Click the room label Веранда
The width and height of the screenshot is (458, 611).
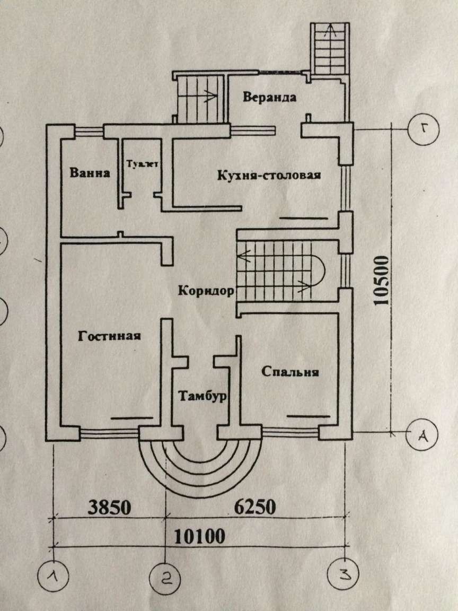pos(270,98)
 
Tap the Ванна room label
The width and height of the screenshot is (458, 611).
pos(90,173)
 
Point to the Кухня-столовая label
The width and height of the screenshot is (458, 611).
pos(269,176)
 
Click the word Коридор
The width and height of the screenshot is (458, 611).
pos(206,291)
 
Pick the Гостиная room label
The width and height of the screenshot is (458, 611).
pos(109,336)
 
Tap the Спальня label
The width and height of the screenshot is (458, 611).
pos(290,372)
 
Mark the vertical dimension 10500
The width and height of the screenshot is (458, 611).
pos(381,282)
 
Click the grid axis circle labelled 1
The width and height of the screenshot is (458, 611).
pos(55,575)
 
